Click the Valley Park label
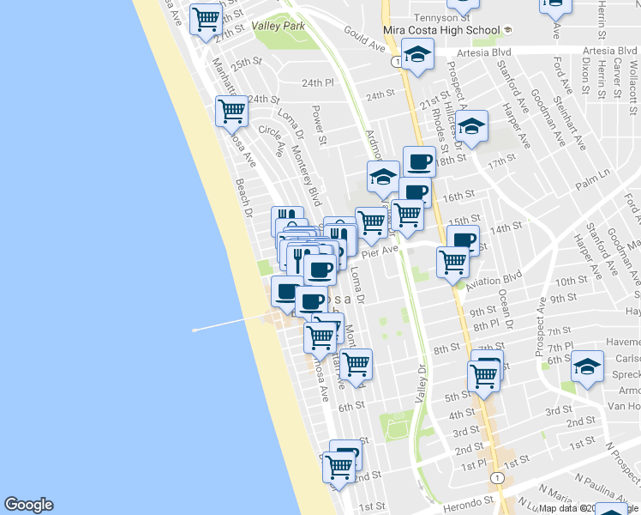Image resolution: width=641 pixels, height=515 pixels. pyautogui.click(x=279, y=26)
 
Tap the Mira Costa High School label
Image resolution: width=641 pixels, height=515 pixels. pyautogui.click(x=442, y=30)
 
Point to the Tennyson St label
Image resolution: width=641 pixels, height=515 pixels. pyautogui.click(x=442, y=16)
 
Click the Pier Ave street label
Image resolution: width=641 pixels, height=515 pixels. pyautogui.click(x=380, y=251)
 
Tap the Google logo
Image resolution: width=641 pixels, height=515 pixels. pyautogui.click(x=28, y=505)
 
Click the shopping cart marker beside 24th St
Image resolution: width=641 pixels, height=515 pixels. pyautogui.click(x=231, y=110)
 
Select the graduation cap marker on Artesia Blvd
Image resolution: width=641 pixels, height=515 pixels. pyautogui.click(x=417, y=56)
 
